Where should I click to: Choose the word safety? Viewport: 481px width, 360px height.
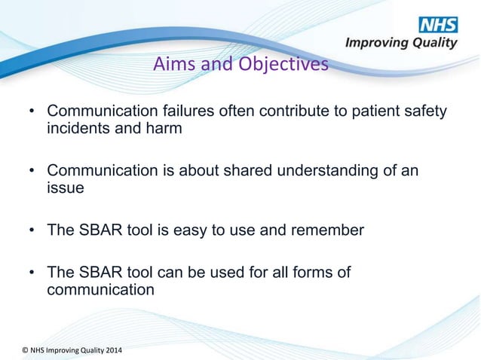[x=423, y=112]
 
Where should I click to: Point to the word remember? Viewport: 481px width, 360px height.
[x=330, y=230]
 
